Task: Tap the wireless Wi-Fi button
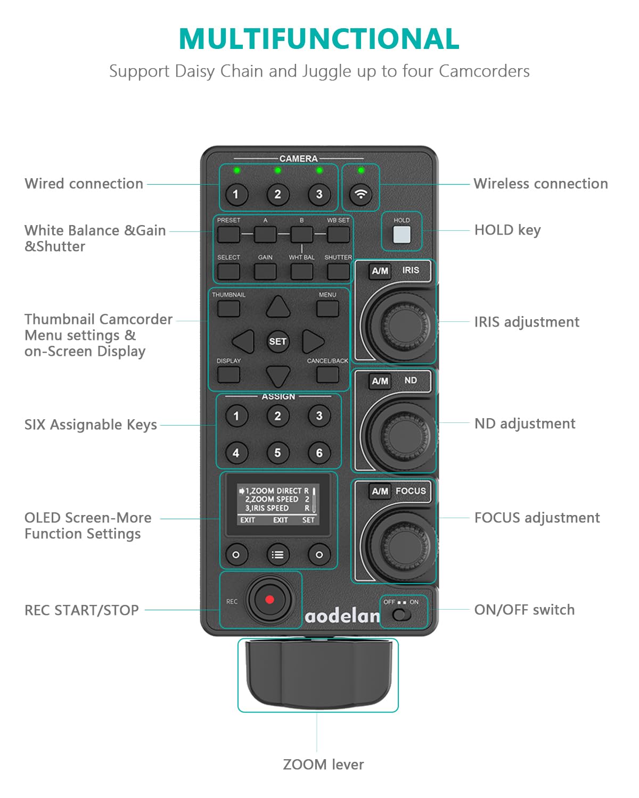pos(361,194)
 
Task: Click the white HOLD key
pos(402,235)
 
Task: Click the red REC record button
pos(269,600)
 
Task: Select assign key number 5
pos(277,453)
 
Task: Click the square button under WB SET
pos(338,234)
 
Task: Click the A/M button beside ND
pos(380,381)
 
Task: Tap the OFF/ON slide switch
pos(402,615)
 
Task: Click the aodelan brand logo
pos(342,616)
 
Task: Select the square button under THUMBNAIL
pos(228,309)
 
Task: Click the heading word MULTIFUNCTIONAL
pos(319,39)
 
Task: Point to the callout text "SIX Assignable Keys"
pos(91,425)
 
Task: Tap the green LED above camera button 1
pos(236,170)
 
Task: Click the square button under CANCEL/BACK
pos(327,375)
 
